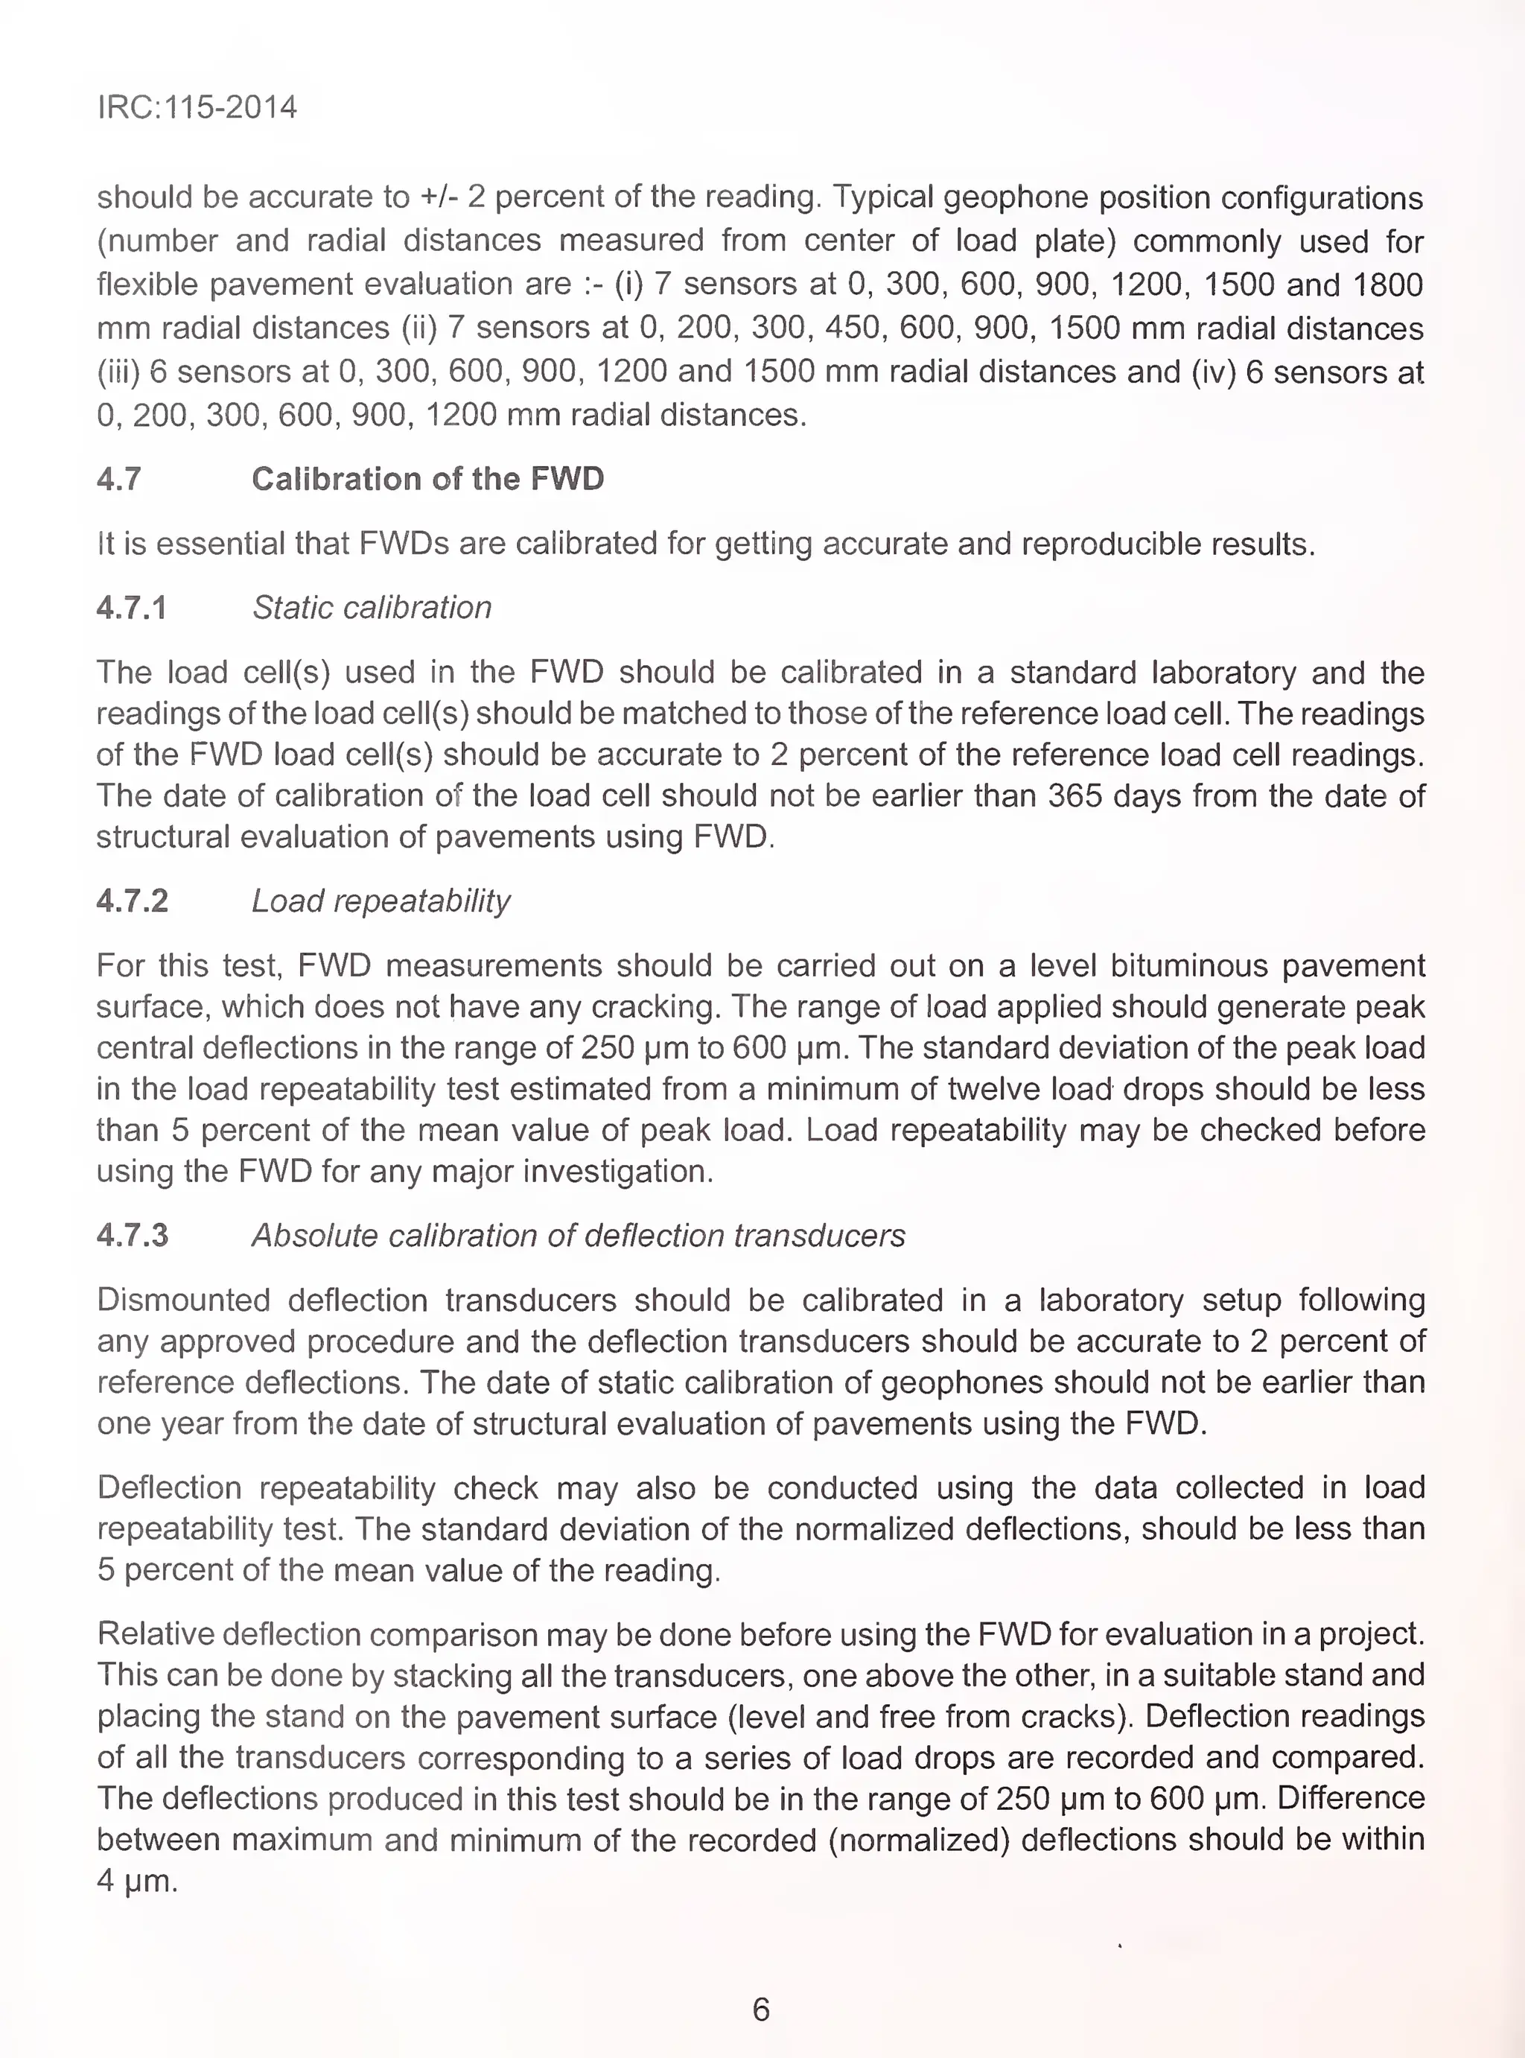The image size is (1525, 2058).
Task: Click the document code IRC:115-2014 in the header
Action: pos(197,107)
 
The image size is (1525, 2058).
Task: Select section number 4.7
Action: pos(119,479)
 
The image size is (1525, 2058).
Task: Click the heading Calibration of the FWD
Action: pos(427,479)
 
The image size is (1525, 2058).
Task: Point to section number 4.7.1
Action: pos(131,608)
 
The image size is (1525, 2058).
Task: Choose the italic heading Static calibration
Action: pos(371,608)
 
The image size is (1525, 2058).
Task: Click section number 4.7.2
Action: pos(132,901)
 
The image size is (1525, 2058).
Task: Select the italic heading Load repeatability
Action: pos(381,901)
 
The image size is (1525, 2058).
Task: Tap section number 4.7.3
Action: pos(132,1236)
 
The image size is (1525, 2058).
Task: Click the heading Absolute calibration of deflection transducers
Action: pos(578,1236)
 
